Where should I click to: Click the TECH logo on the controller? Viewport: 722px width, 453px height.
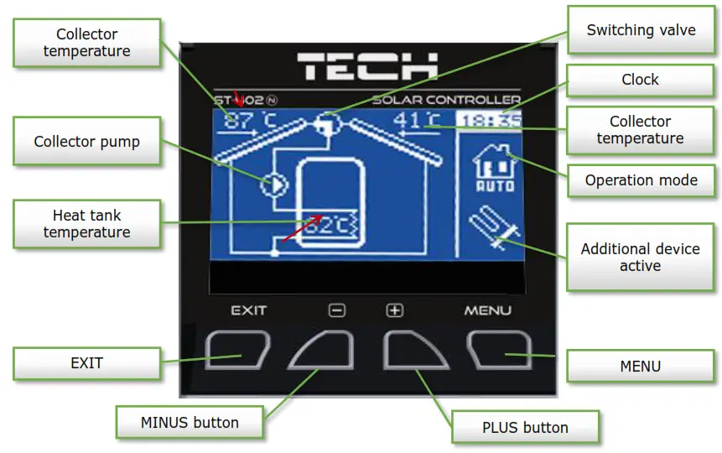(x=367, y=66)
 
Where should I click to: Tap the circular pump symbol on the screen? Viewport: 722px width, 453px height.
(x=273, y=184)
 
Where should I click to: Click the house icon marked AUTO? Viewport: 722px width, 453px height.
(x=489, y=168)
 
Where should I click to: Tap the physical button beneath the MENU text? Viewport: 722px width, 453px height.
(x=499, y=350)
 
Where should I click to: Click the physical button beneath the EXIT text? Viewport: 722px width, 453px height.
(x=238, y=350)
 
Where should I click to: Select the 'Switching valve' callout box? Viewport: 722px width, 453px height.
(x=641, y=30)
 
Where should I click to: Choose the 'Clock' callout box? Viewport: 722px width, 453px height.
(x=640, y=80)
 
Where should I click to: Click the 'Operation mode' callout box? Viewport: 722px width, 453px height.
(x=641, y=180)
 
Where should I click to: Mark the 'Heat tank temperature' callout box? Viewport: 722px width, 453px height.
(x=86, y=223)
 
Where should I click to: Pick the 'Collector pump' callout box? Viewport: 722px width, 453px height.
(x=86, y=142)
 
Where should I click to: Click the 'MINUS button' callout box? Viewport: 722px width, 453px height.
(x=190, y=422)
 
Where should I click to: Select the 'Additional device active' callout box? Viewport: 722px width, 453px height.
(x=640, y=258)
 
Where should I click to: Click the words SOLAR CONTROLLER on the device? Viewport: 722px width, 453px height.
(x=446, y=101)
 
